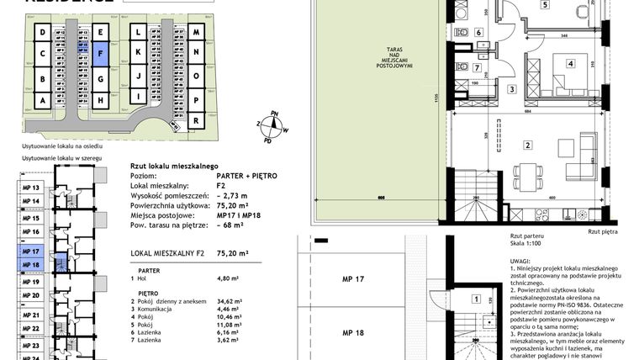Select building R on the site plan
(196, 120)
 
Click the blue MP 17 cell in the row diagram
(31, 251)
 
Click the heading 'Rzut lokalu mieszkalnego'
(175, 167)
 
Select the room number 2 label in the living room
(527, 145)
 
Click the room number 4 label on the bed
(569, 63)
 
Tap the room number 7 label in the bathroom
(476, 67)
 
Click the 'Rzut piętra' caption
(604, 230)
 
